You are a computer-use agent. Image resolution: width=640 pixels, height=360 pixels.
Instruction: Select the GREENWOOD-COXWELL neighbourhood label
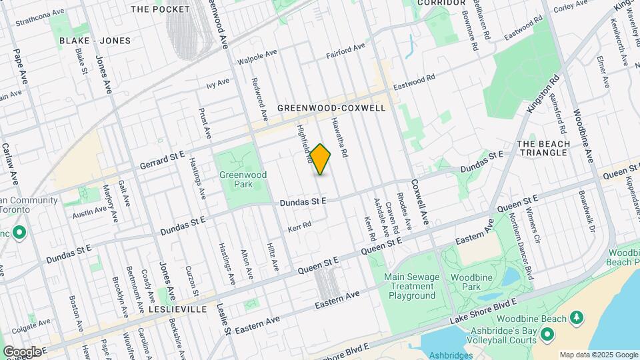(x=331, y=108)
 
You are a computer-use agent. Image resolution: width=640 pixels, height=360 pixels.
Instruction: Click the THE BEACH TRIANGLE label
(x=543, y=148)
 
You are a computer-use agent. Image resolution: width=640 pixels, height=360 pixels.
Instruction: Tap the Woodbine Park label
(x=465, y=281)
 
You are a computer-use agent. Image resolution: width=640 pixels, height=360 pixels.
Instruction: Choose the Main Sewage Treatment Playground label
(x=412, y=286)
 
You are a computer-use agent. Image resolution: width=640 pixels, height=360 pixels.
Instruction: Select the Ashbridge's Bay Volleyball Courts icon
(x=548, y=334)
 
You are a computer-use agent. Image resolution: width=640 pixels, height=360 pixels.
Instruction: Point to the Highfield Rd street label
(x=305, y=145)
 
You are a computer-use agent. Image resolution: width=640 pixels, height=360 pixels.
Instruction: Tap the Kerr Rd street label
(x=300, y=227)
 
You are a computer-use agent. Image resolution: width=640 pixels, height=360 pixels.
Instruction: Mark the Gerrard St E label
(x=161, y=160)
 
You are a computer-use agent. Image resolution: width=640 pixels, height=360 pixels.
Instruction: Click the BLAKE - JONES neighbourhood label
(x=95, y=41)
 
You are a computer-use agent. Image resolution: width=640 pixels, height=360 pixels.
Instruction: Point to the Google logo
(x=21, y=351)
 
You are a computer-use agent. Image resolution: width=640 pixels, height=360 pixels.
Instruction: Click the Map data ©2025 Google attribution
(x=599, y=355)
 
